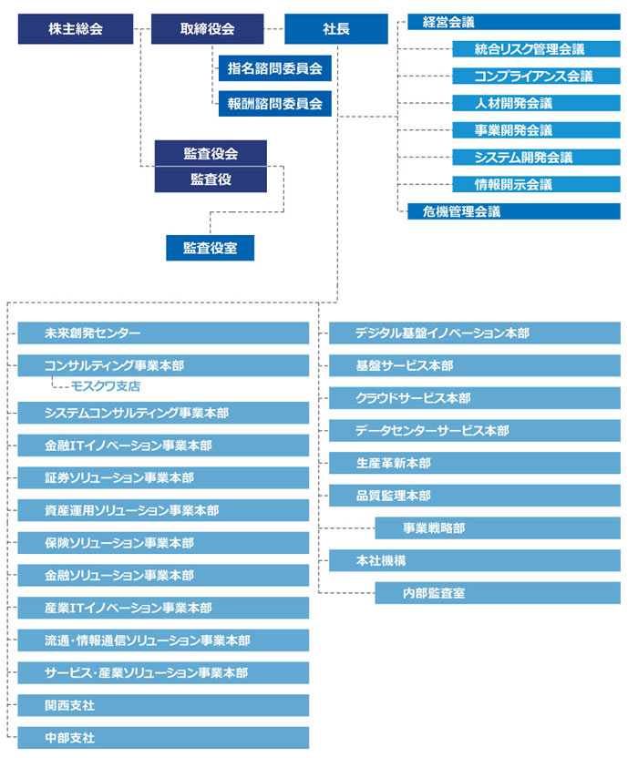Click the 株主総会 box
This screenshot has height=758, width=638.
coord(76,29)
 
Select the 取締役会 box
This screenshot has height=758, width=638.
coord(208,29)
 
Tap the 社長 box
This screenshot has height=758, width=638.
coord(336,29)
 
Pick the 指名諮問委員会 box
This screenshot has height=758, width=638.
coord(274,68)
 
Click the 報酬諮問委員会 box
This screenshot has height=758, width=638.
coord(274,104)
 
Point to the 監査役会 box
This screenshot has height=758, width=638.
coord(211,153)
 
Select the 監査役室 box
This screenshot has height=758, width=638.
coord(210,248)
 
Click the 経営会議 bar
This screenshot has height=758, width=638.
coord(514,22)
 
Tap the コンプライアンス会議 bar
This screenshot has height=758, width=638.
coord(537,76)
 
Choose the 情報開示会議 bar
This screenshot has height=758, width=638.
coord(537,184)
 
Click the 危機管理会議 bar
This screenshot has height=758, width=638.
coord(514,211)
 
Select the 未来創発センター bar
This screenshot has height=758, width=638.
coord(163,333)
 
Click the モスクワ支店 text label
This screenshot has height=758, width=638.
coord(106,386)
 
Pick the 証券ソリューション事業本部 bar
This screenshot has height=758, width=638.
coord(163,477)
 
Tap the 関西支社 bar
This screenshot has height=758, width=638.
coord(163,705)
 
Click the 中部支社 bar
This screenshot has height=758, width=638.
coord(163,738)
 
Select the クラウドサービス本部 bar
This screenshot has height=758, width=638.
coord(475,398)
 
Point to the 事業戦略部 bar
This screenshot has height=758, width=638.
coord(498,528)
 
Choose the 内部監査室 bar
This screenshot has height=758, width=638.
coord(498,593)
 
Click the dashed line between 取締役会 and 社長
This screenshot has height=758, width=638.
coord(274,29)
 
